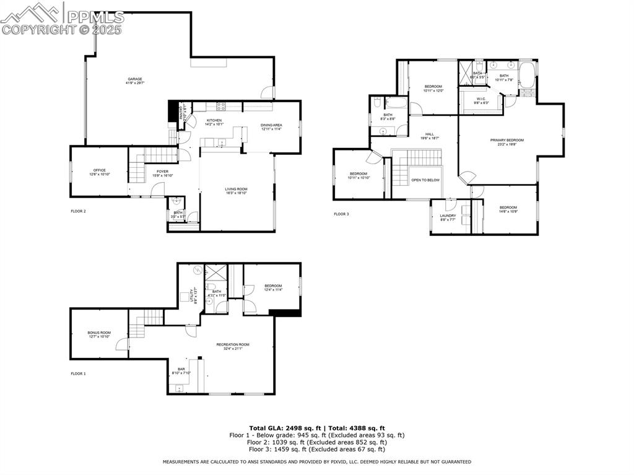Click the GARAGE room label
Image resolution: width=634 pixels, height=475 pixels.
pyautogui.click(x=135, y=79)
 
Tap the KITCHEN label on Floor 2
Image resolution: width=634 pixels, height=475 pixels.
pyautogui.click(x=214, y=121)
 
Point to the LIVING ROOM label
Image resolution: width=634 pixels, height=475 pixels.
pyautogui.click(x=236, y=190)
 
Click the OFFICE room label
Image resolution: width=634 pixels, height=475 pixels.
pyautogui.click(x=100, y=170)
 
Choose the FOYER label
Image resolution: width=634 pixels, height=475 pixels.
pyautogui.click(x=162, y=172)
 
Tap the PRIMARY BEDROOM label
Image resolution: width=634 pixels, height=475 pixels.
pyautogui.click(x=507, y=141)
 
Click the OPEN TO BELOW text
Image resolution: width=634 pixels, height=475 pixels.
pyautogui.click(x=425, y=180)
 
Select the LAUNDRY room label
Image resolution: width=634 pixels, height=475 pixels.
pyautogui.click(x=448, y=216)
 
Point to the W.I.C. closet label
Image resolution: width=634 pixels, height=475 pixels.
pyautogui.click(x=481, y=99)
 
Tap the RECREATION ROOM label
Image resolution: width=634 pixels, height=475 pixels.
pyautogui.click(x=233, y=344)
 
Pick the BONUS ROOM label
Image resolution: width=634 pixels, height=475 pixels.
pyautogui.click(x=99, y=333)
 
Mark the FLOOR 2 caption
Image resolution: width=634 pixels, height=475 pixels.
pyautogui.click(x=78, y=211)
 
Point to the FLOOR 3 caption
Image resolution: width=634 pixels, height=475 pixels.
pyautogui.click(x=341, y=214)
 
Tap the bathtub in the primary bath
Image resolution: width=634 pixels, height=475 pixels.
pyautogui.click(x=527, y=75)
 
